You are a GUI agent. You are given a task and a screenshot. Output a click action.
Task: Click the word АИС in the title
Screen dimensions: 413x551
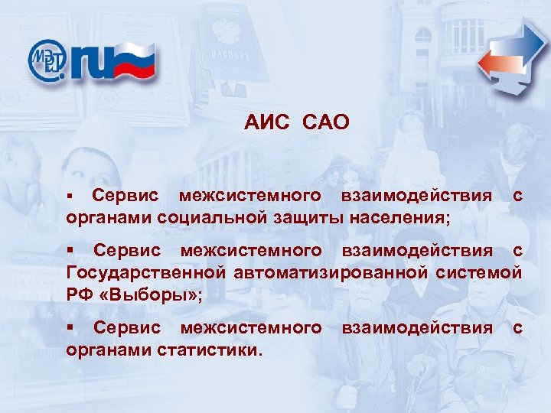(265, 122)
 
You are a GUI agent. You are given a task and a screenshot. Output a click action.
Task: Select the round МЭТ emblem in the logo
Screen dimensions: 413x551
(48, 60)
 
